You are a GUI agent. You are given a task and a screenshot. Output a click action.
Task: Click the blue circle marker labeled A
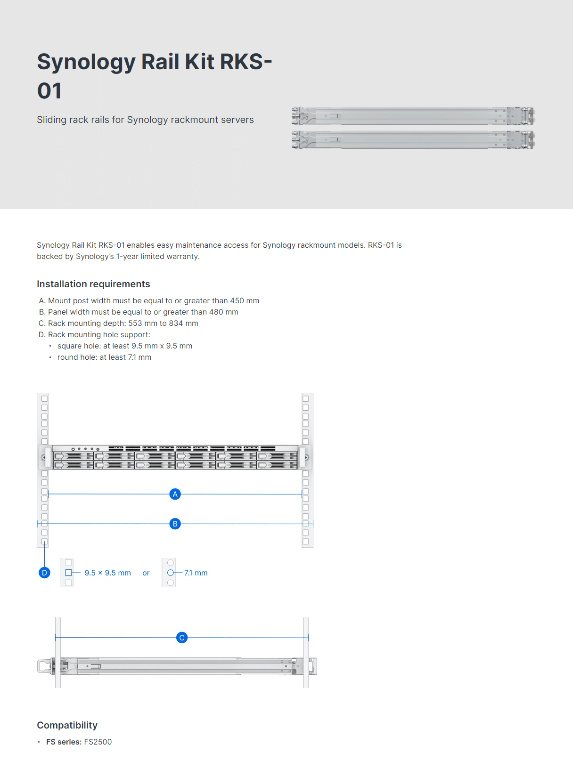[x=175, y=494]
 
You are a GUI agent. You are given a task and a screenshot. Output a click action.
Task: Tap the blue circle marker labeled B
[x=175, y=524]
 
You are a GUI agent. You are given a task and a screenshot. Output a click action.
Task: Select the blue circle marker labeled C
[x=182, y=638]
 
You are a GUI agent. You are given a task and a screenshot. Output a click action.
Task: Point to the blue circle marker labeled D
[x=44, y=573]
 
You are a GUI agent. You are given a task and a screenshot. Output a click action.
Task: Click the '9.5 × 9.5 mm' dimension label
[x=107, y=573]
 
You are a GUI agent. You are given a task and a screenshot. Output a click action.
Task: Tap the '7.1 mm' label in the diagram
[x=196, y=573]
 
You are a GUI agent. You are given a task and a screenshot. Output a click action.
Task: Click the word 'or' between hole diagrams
[x=146, y=573]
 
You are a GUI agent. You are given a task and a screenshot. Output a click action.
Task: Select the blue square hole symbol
[x=68, y=573]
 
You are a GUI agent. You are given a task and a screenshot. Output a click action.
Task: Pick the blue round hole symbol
[x=171, y=573]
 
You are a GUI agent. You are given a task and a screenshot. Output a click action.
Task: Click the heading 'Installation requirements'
[x=93, y=284]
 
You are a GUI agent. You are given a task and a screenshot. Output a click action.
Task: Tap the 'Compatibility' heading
[x=67, y=725]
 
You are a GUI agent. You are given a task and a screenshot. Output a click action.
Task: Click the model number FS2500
[x=98, y=742]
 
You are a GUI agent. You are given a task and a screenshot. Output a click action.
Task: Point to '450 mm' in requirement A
[x=245, y=300]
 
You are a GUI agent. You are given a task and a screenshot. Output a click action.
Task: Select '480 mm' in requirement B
[x=223, y=312]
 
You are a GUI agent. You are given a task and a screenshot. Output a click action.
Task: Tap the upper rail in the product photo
[x=413, y=115]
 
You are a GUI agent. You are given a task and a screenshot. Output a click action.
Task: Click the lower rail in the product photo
[x=413, y=140]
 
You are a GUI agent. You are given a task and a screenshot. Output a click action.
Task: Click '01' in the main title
[x=49, y=91]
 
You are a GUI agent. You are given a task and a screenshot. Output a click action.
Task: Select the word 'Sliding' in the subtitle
[x=51, y=120]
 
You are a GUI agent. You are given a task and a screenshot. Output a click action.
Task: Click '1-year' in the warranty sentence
[x=127, y=256]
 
